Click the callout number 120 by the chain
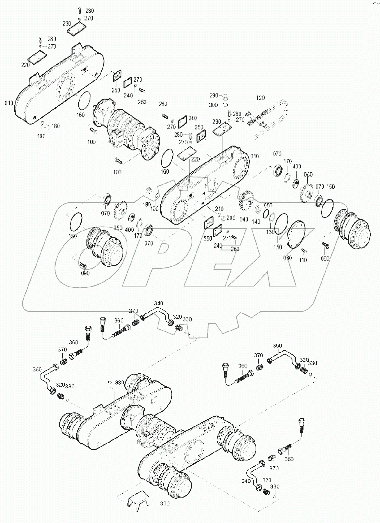(x=261, y=98)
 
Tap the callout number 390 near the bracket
(x=165, y=504)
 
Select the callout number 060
(x=287, y=258)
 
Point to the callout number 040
(x=244, y=219)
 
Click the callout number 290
(x=214, y=96)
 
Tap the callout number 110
(x=303, y=260)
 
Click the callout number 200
(x=231, y=218)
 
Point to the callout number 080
(x=268, y=205)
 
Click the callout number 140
(x=256, y=222)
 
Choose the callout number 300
(x=213, y=105)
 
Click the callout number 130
(x=270, y=232)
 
